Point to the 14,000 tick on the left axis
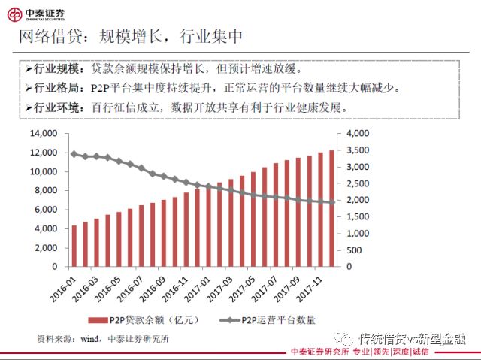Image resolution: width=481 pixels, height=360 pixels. [43, 133]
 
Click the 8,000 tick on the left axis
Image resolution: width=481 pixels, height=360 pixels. [46, 190]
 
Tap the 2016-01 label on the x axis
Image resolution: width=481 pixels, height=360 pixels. [66, 286]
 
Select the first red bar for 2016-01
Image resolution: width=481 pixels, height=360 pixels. [74, 246]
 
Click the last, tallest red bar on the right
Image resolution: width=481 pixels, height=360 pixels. [331, 208]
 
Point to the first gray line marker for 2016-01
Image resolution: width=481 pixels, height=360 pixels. [74, 153]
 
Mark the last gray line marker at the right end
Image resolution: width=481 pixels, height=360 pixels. [331, 202]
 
